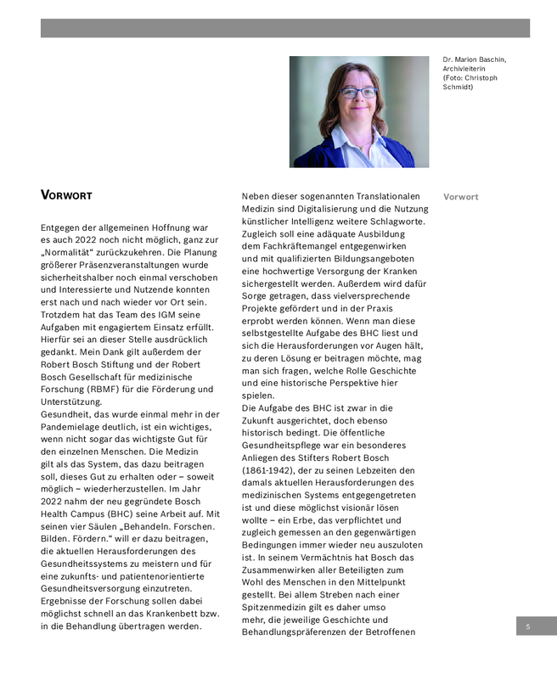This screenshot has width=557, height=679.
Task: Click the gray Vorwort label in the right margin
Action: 461,197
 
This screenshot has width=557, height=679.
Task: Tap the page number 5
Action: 528,626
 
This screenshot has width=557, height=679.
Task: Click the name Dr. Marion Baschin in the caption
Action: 474,59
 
